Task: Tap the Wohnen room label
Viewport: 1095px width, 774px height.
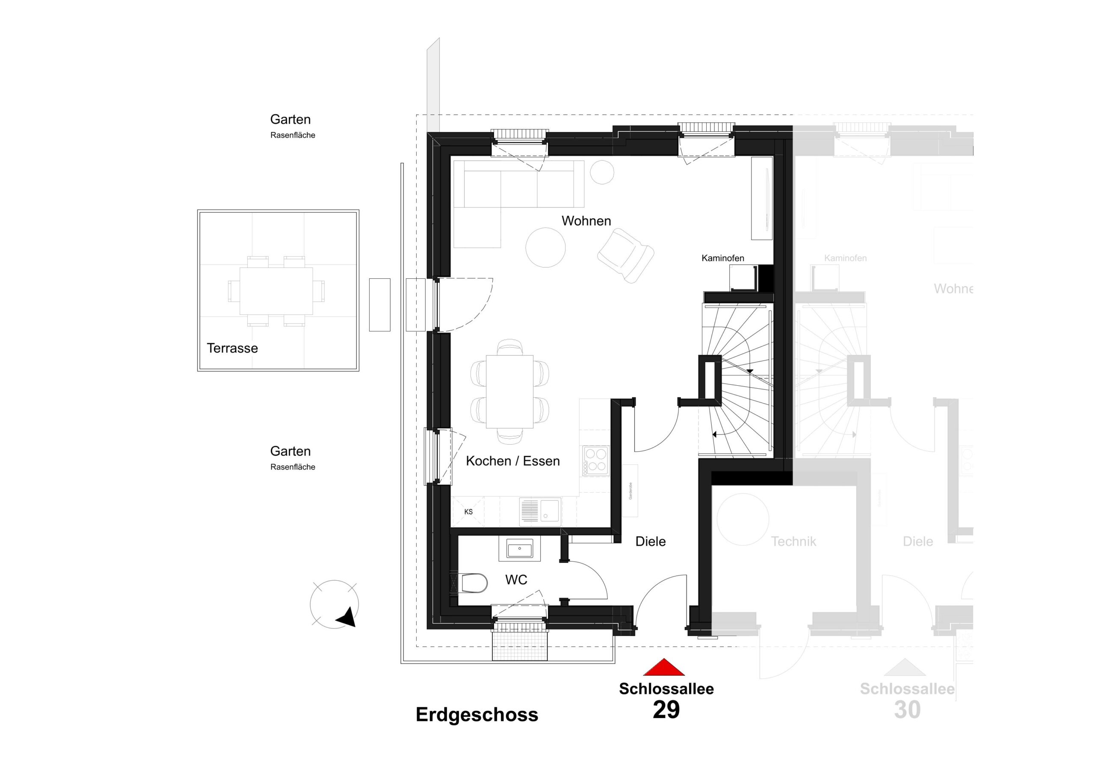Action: tap(586, 221)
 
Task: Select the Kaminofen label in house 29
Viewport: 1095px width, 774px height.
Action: tap(722, 258)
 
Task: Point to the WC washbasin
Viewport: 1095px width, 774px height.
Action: tap(519, 549)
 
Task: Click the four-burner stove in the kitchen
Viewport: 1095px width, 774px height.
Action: tap(595, 460)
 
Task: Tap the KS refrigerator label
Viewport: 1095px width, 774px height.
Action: tap(468, 512)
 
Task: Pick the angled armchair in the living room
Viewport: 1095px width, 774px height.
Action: tap(625, 255)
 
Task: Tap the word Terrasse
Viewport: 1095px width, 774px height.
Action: tap(232, 348)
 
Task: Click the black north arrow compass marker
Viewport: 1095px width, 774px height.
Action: tap(347, 617)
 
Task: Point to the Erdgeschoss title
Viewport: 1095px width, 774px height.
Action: tap(476, 715)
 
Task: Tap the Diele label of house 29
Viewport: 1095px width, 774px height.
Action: tap(650, 541)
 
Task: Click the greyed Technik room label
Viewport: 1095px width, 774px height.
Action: tap(793, 541)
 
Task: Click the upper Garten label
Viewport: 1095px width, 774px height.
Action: tap(290, 119)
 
